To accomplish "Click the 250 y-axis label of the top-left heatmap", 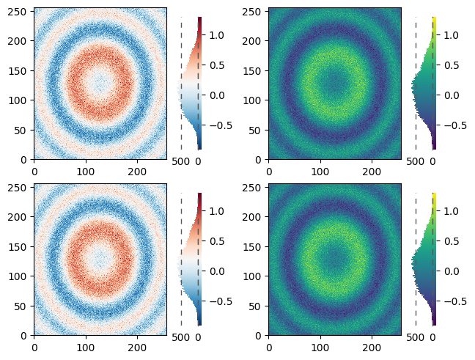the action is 16,11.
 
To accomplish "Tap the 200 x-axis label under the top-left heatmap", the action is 137,172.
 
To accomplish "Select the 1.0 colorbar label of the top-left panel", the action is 217,35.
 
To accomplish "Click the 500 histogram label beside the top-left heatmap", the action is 181,161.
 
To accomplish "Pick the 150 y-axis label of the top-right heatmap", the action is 251,70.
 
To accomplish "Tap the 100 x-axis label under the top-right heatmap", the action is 320,172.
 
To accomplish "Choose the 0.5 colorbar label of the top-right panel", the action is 452,65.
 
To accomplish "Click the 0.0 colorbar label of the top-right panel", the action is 452,95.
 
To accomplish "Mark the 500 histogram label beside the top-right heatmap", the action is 416,161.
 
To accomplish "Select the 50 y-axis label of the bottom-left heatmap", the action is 19,306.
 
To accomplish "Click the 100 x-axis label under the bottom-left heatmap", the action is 86,348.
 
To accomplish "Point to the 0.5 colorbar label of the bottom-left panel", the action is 217,241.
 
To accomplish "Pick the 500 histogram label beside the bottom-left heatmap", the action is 181,337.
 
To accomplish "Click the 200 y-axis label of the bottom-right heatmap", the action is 251,217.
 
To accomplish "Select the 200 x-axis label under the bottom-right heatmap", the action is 372,348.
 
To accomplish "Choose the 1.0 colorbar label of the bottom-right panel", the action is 452,211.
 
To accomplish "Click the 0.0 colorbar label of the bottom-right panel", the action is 452,271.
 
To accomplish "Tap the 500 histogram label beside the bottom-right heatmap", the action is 416,337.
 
